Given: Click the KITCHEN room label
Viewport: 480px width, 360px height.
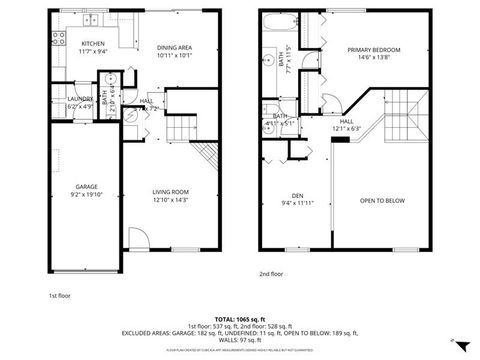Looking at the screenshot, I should point(93,44).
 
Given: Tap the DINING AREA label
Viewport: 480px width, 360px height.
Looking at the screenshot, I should point(175,48).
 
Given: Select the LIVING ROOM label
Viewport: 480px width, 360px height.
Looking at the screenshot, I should point(170,191).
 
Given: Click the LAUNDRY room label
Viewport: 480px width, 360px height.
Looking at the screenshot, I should point(80,99).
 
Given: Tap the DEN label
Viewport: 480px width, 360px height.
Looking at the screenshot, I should point(297,195).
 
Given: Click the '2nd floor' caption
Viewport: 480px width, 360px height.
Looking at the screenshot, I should point(271,273).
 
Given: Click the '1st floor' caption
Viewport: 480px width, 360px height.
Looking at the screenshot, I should point(60,296).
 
